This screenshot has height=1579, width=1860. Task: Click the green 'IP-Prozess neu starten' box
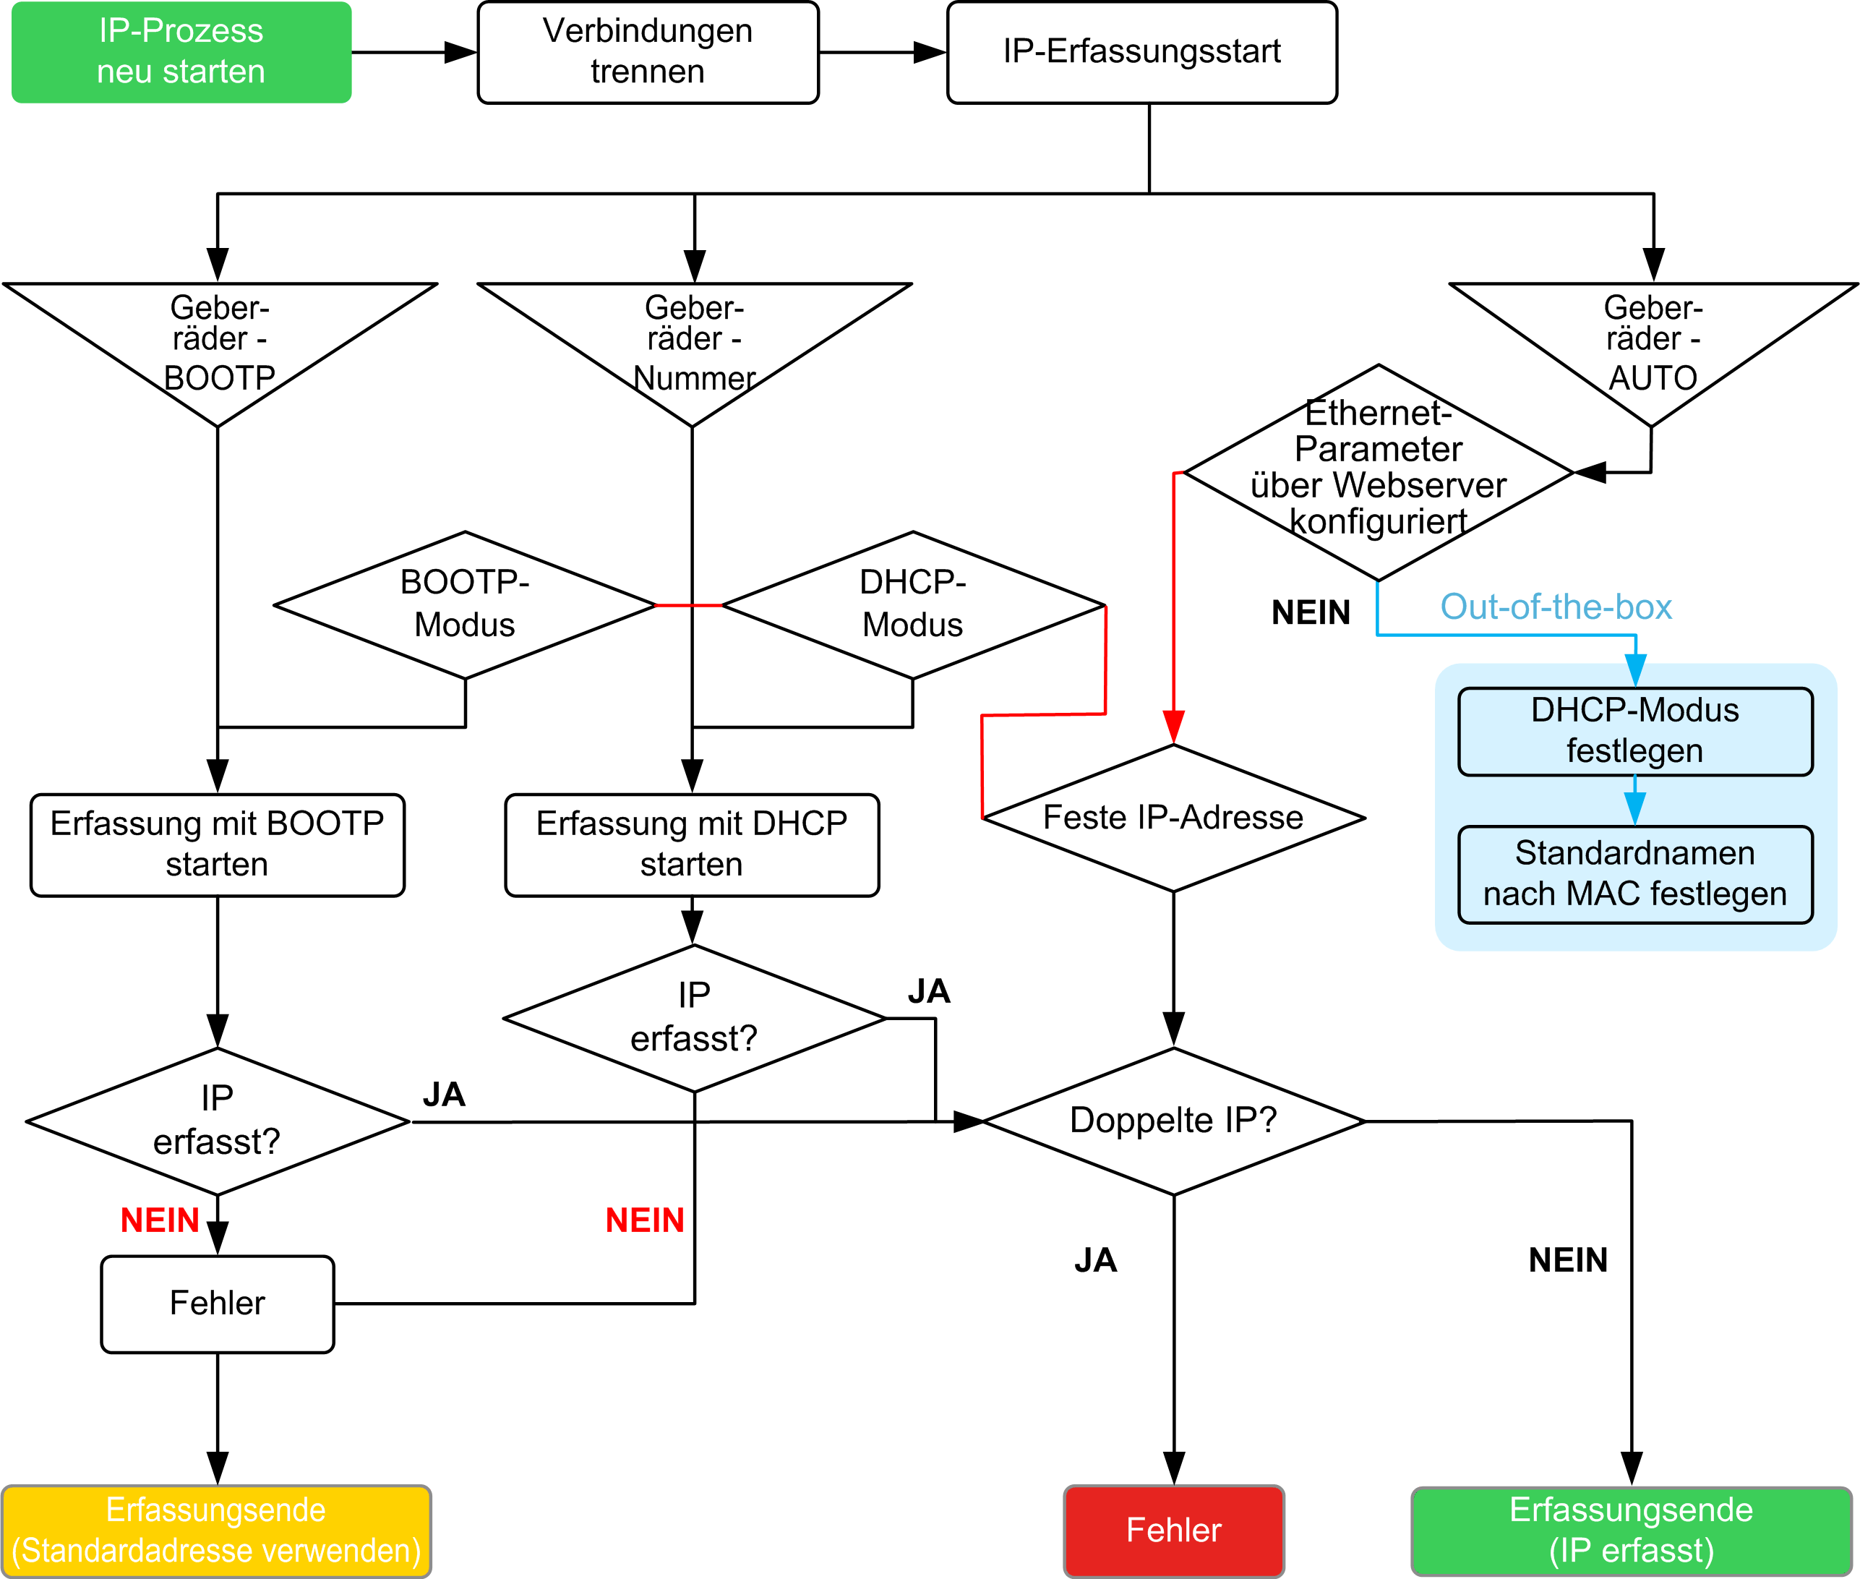point(181,52)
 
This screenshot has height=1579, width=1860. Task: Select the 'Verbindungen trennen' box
point(648,52)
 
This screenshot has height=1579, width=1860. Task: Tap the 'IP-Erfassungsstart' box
point(1142,52)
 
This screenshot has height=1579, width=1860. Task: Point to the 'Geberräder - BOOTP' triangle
point(219,354)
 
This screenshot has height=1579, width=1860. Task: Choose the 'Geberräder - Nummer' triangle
point(695,354)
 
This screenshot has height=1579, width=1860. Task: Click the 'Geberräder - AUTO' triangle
point(1653,354)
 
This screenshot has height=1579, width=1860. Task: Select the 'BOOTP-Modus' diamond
point(465,605)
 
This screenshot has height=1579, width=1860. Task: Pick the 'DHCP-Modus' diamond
point(913,605)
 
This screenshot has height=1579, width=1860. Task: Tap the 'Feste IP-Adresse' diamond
point(1173,817)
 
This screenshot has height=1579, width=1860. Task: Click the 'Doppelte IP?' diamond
point(1173,1121)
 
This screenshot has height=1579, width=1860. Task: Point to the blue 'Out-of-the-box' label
point(1556,607)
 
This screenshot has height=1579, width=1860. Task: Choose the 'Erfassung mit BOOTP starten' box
point(218,845)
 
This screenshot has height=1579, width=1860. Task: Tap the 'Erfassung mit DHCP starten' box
point(692,845)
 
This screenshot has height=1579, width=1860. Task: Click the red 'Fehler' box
point(1173,1531)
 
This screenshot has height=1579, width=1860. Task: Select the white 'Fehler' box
point(218,1304)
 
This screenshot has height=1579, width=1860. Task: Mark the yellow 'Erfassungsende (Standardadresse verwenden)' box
point(217,1531)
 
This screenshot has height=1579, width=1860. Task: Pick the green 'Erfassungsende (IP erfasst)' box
point(1632,1531)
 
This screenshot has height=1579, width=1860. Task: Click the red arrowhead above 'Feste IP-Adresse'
point(1173,727)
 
